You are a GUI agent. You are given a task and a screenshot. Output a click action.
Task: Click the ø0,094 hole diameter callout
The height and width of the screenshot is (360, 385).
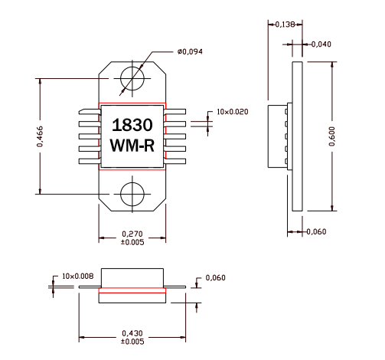pos(190,52)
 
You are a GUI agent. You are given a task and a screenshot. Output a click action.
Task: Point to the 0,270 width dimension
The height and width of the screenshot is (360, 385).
pos(132,234)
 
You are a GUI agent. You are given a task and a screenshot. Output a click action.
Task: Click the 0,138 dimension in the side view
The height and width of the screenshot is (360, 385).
pos(284,25)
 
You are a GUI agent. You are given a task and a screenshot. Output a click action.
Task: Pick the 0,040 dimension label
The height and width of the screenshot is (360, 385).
pos(321,44)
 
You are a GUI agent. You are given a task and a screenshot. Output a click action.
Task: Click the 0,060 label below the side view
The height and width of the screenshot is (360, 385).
pos(317,231)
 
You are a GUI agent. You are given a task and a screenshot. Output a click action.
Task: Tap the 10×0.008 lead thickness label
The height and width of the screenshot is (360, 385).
pos(77,275)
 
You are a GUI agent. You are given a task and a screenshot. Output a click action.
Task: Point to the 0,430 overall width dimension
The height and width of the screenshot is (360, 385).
pos(132,333)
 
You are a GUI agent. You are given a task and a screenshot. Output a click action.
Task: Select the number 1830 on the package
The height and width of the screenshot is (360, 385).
pos(132,125)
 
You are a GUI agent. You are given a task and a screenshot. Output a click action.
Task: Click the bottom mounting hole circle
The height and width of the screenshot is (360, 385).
pos(132,192)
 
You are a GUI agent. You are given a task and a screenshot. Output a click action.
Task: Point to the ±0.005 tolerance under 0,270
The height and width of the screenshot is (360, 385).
pos(132,242)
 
